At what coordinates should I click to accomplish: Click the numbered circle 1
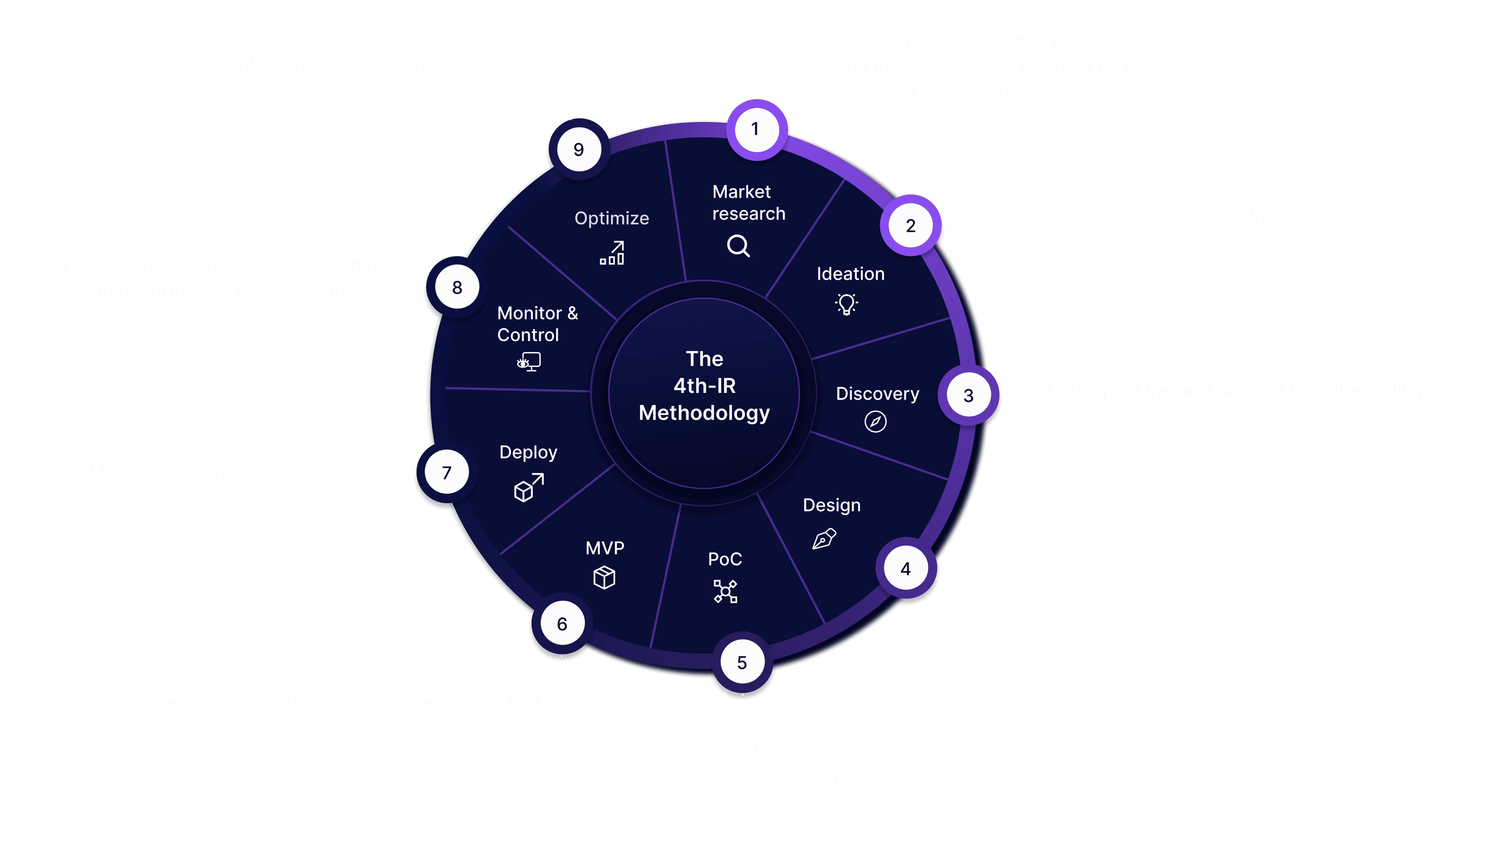[x=756, y=129]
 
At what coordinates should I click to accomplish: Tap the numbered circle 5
[x=742, y=662]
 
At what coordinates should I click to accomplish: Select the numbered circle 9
[x=579, y=150]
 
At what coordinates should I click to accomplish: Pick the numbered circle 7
[x=447, y=472]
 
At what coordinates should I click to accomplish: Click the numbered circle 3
[x=968, y=396]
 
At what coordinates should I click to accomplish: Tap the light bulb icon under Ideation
[x=846, y=303]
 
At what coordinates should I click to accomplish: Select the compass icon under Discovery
[x=875, y=421]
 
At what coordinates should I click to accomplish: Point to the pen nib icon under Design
[x=824, y=538]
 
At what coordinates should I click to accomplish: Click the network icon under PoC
[x=725, y=591]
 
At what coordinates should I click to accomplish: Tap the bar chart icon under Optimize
[x=612, y=253]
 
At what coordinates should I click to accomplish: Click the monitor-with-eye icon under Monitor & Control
[x=528, y=362]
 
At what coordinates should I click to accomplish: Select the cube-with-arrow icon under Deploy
[x=528, y=488]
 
